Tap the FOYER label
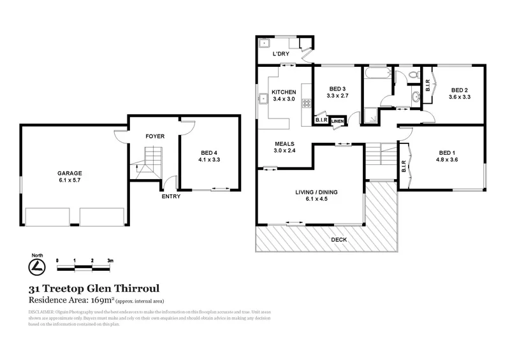tap(154, 136)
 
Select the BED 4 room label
tap(210, 152)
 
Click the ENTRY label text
tap(171, 196)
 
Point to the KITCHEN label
tap(284, 92)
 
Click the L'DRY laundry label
tap(281, 55)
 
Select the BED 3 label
tap(337, 89)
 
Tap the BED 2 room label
tap(459, 90)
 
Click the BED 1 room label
tap(447, 152)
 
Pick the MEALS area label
tap(284, 143)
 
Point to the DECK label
tap(339, 240)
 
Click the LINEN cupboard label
tap(337, 121)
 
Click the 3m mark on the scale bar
tap(110, 261)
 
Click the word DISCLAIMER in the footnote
tap(41, 312)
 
